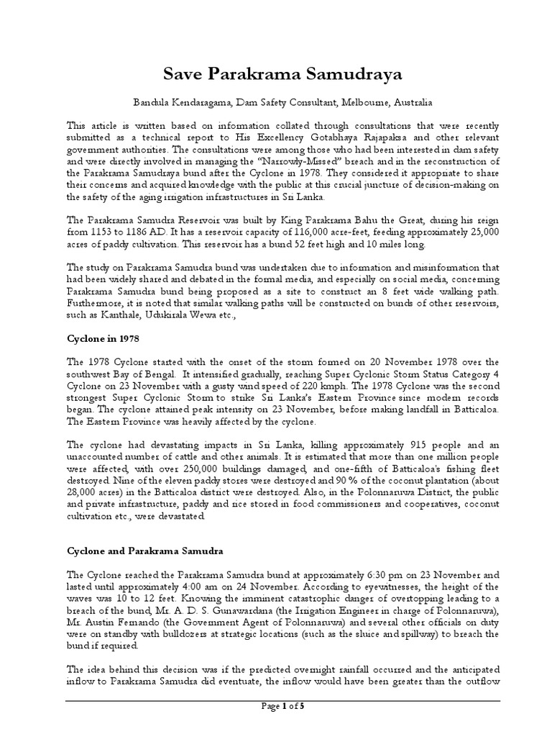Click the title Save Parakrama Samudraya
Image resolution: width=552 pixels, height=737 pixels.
tap(276, 76)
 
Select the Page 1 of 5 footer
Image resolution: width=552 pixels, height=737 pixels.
tap(282, 706)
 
